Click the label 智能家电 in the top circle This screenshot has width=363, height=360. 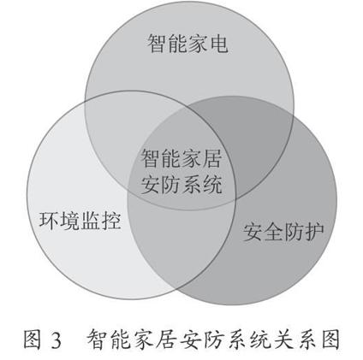[x=187, y=44]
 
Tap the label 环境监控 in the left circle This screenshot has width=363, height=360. [x=80, y=221]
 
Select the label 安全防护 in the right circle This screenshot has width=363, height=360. [x=283, y=232]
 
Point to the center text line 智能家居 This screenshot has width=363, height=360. [x=181, y=158]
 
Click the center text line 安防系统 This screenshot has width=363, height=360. [x=181, y=185]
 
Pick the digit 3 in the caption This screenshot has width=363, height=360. [x=57, y=340]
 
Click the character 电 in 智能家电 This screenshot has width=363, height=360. [x=218, y=44]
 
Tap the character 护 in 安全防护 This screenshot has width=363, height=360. [x=314, y=232]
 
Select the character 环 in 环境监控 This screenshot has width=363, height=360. [x=49, y=221]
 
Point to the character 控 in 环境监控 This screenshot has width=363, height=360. [x=111, y=221]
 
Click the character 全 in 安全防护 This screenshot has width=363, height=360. [x=273, y=232]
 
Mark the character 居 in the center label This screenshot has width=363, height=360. [x=212, y=158]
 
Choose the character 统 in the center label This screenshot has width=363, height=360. [x=212, y=185]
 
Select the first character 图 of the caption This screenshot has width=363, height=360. [x=32, y=339]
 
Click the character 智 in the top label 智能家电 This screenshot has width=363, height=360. [x=157, y=44]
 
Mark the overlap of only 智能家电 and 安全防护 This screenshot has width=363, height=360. [x=251, y=139]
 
